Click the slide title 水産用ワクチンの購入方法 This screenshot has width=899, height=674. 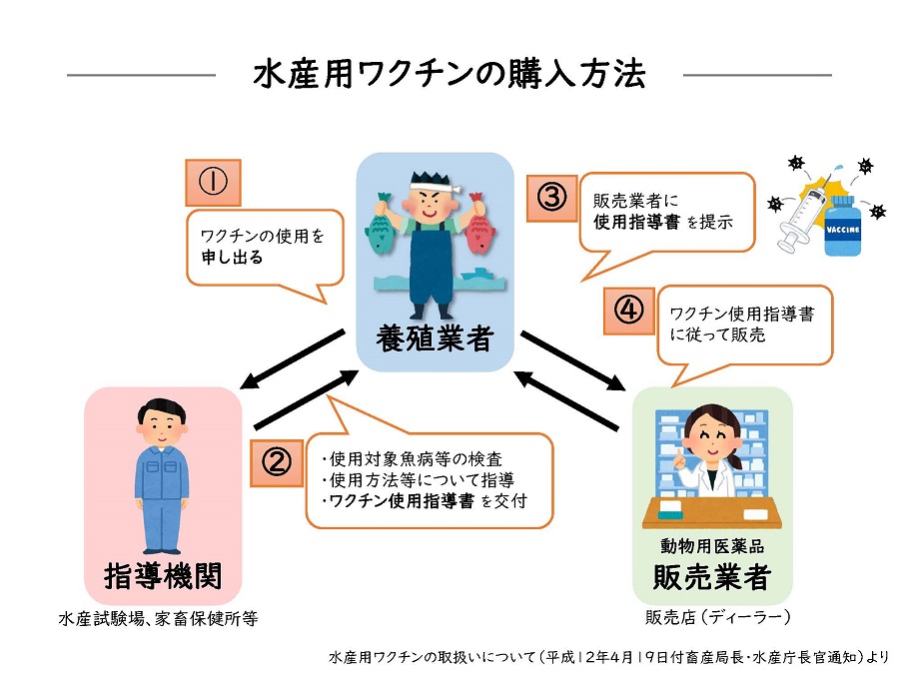[x=449, y=75]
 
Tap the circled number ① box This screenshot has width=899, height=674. [x=214, y=182]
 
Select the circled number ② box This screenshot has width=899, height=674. [x=276, y=460]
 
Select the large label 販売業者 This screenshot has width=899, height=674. [x=712, y=576]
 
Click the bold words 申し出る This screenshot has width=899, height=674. [x=231, y=257]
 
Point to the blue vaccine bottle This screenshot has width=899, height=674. [x=843, y=227]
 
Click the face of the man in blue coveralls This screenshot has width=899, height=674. [x=160, y=427]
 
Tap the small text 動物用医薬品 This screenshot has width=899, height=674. [x=711, y=545]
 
